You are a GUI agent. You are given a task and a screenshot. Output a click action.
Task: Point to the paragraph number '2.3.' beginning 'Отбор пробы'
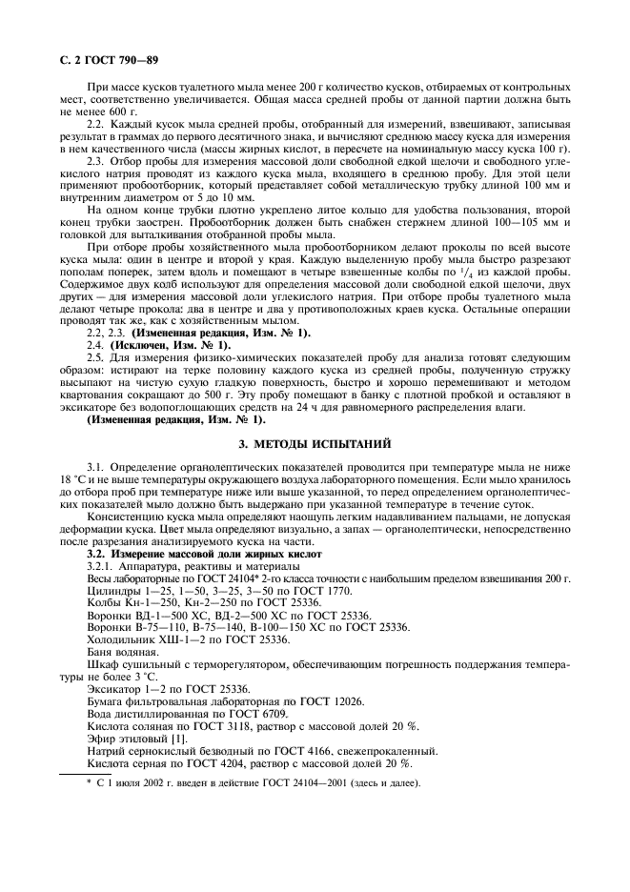click(99, 161)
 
